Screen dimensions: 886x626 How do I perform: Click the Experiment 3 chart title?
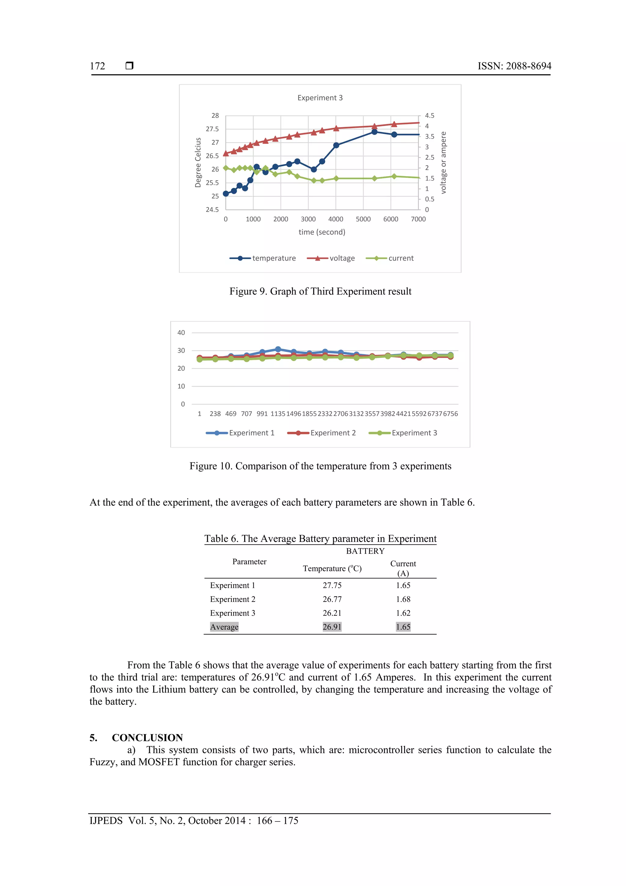320,98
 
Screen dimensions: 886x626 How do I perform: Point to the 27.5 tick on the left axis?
212,129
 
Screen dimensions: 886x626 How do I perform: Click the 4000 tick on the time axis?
336,219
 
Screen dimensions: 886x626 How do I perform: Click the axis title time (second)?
322,232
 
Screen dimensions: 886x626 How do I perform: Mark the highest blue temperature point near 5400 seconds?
374,132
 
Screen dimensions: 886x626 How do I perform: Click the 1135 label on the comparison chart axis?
278,414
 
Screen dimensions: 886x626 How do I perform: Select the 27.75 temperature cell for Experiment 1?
332,585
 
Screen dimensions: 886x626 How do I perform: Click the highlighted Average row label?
224,627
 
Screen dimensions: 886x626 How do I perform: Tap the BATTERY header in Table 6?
365,551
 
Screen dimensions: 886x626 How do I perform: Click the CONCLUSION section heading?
147,738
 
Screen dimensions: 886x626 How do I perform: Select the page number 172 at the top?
98,66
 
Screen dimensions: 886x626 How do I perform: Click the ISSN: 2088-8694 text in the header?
514,66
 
